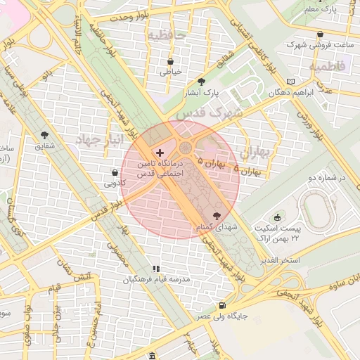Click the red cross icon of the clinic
160,153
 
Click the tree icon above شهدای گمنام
216,216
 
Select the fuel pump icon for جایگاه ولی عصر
222,305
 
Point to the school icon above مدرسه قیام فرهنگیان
157,269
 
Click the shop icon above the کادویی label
115,172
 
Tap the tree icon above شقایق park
45,134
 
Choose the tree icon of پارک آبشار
202,82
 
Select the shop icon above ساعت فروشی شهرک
320,34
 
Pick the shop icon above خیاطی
171,61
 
